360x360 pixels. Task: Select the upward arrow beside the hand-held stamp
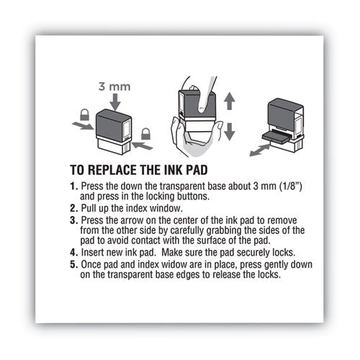229,102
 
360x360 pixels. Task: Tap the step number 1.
92,186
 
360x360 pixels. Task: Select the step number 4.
92,253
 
